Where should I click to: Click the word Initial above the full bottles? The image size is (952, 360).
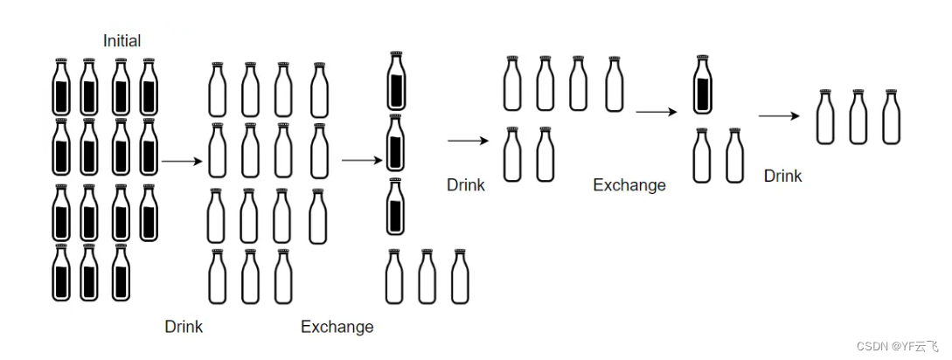click(122, 41)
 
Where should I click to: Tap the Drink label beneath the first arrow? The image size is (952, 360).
click(184, 327)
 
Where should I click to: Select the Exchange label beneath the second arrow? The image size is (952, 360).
click(337, 327)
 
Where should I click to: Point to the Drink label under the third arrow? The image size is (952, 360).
click(466, 185)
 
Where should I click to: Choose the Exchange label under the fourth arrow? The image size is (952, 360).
click(629, 185)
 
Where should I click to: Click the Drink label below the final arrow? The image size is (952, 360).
click(782, 176)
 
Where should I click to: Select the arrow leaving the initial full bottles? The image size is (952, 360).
click(182, 161)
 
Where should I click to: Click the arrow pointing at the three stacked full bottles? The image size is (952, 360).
click(361, 160)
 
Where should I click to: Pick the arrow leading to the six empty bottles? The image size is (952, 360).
click(468, 140)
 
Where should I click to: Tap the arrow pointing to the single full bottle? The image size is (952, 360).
click(657, 112)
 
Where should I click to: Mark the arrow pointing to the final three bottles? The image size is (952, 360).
click(779, 115)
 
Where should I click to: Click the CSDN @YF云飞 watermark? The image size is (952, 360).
click(899, 345)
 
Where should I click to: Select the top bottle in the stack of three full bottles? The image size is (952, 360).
click(396, 81)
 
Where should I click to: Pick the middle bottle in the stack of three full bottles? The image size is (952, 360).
click(396, 143)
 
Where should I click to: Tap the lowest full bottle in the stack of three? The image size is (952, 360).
click(396, 206)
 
